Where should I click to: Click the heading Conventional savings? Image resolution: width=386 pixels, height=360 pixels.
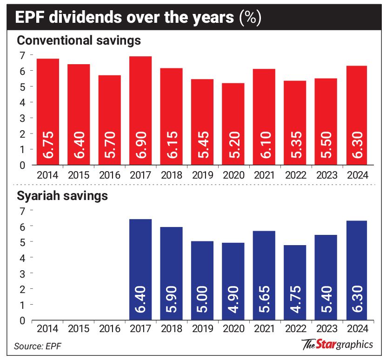79,40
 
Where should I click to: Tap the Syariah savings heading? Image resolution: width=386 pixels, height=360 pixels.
62,196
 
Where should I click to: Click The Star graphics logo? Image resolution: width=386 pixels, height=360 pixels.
337,345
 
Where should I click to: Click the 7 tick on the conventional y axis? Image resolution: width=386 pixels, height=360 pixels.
21,55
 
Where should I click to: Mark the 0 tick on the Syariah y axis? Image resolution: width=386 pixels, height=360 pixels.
21,320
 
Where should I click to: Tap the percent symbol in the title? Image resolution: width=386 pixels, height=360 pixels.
249,18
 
